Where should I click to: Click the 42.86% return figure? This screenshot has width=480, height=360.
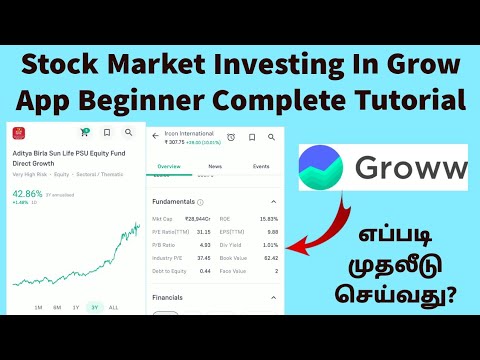pos(28,193)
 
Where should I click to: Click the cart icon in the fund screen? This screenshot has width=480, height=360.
pos(84,132)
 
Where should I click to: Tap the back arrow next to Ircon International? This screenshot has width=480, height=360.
pos(155,135)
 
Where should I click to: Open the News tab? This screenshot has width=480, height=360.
pos(216,166)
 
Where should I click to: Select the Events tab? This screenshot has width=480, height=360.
pos(261,166)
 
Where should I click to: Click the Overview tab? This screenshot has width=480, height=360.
pos(169,166)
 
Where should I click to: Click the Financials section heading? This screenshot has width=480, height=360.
pos(168,297)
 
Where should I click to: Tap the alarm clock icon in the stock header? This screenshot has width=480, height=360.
pos(231,136)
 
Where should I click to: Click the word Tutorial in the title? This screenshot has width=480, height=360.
pos(413,100)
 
